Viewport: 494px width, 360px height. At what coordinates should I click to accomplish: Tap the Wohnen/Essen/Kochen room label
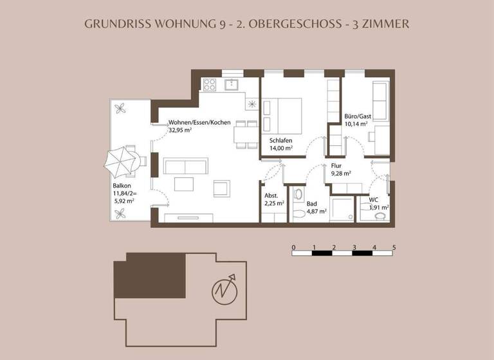[x=196, y=122]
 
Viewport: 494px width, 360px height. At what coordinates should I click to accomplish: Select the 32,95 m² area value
[x=181, y=130]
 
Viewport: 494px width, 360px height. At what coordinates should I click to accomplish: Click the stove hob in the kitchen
[x=210, y=84]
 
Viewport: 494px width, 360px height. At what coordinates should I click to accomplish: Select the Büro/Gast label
[x=358, y=116]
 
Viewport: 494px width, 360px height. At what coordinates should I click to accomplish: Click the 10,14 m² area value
[x=358, y=124]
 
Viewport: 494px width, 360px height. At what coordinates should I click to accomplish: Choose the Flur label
[x=336, y=165]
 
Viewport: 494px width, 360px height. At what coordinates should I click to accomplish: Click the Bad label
[x=311, y=203]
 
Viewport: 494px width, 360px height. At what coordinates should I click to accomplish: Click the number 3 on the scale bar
[x=354, y=247]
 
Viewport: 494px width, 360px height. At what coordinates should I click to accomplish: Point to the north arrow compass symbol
[x=224, y=291]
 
